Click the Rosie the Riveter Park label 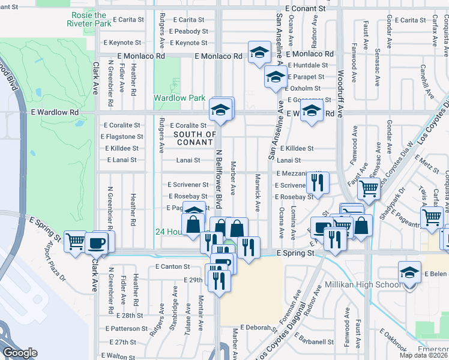tap(91, 19)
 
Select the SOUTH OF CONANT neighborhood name tap(194, 138)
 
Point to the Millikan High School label tap(362, 284)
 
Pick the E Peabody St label tap(188, 31)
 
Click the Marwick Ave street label tap(258, 193)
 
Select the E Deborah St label tap(257, 328)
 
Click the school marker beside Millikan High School tap(409, 273)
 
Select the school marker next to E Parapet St tap(275, 77)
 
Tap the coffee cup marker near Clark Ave tap(96, 242)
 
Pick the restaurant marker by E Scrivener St tap(317, 181)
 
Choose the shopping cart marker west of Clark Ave tap(75, 242)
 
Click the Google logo tap(20, 352)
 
